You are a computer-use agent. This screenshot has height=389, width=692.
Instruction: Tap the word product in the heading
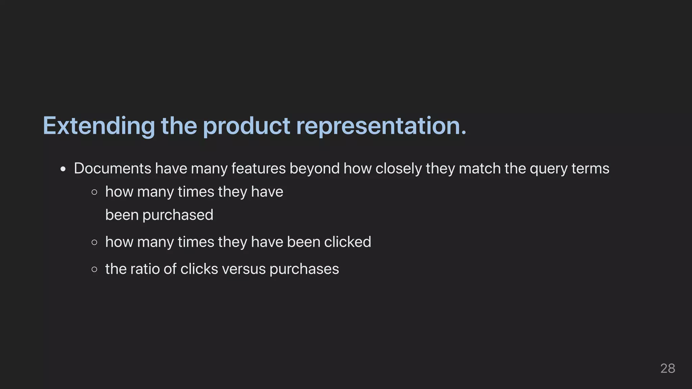click(246, 126)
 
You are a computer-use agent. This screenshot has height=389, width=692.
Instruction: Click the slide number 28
click(668, 368)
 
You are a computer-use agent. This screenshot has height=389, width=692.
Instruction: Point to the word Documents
click(113, 168)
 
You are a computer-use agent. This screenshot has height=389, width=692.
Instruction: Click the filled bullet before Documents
click(63, 169)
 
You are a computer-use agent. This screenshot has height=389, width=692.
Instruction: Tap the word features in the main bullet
click(258, 168)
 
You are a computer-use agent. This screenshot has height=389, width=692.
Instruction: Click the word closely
click(398, 168)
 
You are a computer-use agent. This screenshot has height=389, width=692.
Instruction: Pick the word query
click(548, 168)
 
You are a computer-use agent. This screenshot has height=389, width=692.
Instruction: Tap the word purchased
click(178, 215)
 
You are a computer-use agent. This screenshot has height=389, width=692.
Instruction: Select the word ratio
click(145, 269)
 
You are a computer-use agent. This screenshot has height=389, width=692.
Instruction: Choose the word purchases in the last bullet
click(304, 269)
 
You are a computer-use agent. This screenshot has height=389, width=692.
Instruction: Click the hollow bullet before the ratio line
click(95, 269)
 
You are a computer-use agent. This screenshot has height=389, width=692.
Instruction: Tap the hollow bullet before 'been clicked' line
click(95, 242)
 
